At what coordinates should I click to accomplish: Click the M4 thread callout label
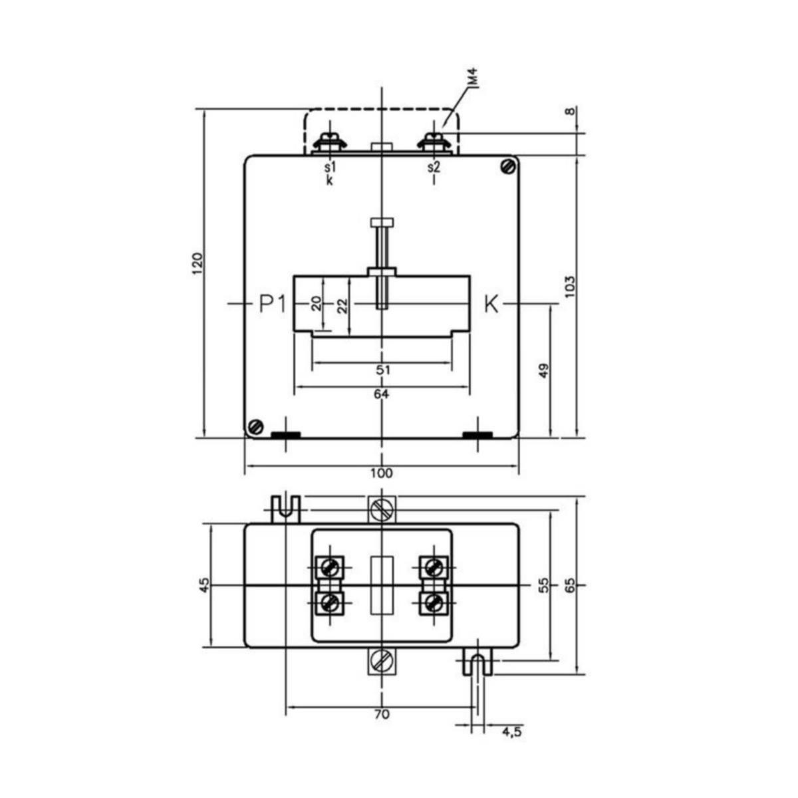pyautogui.click(x=474, y=78)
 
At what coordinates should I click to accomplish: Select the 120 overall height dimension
pyautogui.click(x=198, y=263)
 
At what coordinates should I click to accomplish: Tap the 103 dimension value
pyautogui.click(x=570, y=287)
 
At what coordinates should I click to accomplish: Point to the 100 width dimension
pyautogui.click(x=382, y=473)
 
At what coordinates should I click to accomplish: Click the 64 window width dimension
pyautogui.click(x=382, y=394)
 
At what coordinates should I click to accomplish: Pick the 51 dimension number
pyautogui.click(x=383, y=370)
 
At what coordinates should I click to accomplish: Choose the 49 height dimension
pyautogui.click(x=545, y=370)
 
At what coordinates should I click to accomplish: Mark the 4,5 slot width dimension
pyautogui.click(x=512, y=732)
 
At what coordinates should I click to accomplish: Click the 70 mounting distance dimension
pyautogui.click(x=382, y=714)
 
